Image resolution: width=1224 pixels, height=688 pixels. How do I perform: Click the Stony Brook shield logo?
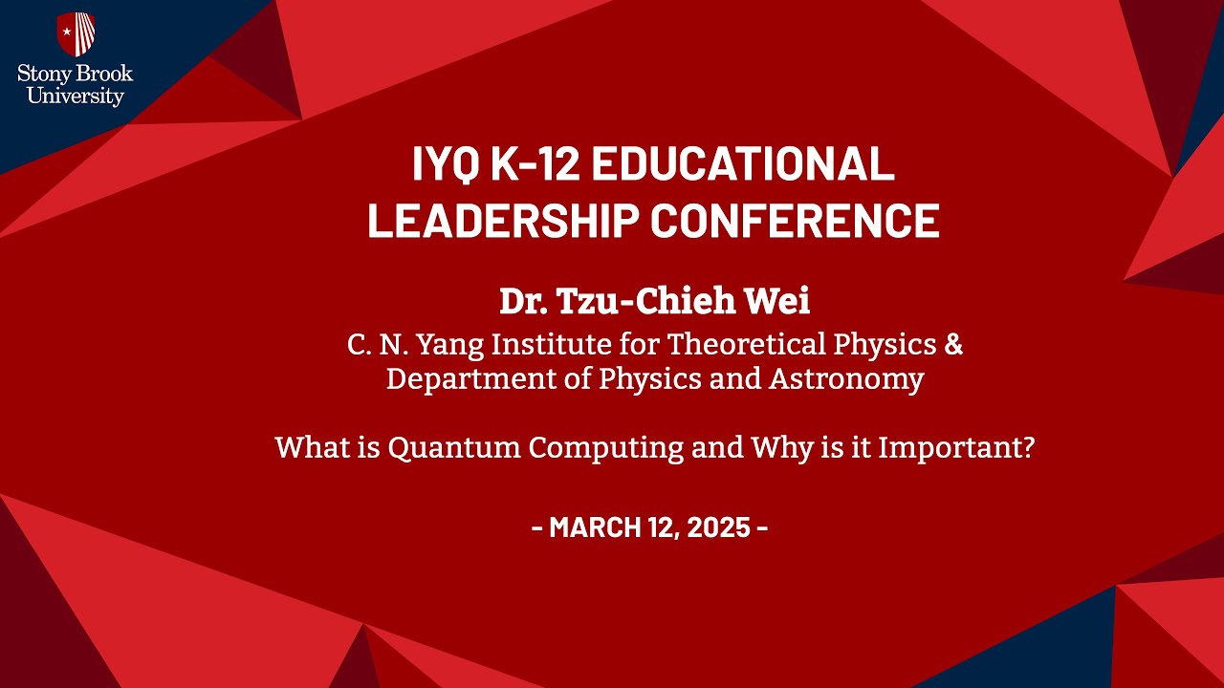click(x=76, y=33)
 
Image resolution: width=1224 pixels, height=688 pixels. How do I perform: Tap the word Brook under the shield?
click(x=104, y=74)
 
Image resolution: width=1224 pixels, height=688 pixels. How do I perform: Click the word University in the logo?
click(x=76, y=97)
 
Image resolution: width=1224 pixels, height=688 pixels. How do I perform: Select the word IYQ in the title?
click(x=446, y=163)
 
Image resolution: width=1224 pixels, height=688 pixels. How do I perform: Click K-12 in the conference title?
click(x=535, y=163)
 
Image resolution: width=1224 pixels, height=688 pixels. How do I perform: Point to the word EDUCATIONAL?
click(x=743, y=163)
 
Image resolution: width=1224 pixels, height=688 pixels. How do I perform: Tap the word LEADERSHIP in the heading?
click(x=503, y=220)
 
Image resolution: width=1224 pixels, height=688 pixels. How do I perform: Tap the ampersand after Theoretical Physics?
click(x=953, y=345)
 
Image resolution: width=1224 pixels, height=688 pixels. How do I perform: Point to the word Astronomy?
click(x=846, y=380)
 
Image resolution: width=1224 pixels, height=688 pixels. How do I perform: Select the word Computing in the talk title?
click(x=605, y=449)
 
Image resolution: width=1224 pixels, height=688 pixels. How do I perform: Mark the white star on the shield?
click(x=67, y=32)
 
